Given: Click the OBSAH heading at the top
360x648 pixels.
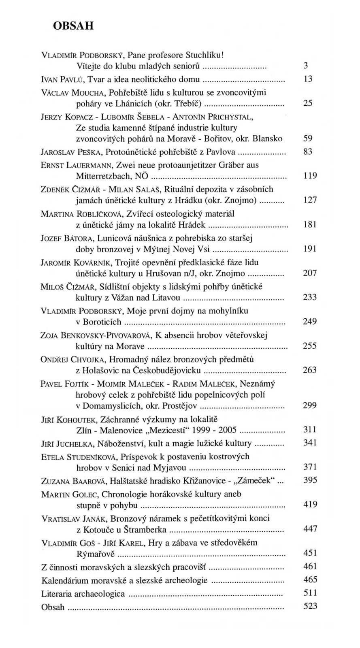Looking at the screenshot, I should tap(73, 26).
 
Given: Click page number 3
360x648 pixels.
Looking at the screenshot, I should tap(306, 65).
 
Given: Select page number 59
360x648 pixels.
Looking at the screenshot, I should tap(308, 139).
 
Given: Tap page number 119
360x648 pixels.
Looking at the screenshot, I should tap(310, 176).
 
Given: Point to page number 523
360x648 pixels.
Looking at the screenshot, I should tap(310, 606).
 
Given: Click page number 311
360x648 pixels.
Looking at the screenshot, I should tap(310, 429).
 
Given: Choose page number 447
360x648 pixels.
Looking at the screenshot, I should tap(310, 529).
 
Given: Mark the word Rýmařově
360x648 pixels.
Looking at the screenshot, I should tap(96, 553).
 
